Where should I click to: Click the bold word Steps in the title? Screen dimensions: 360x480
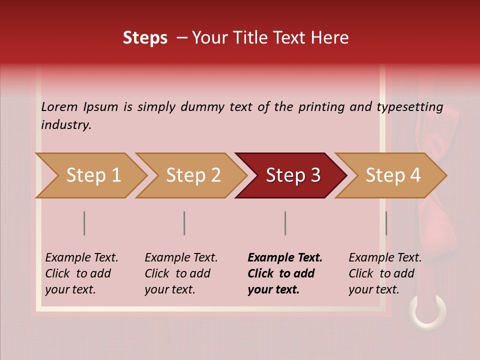tap(145, 38)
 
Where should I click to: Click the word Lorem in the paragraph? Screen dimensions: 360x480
tap(59, 107)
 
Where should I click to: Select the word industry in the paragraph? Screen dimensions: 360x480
tap(66, 125)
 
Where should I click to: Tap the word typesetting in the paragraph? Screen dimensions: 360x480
tap(409, 107)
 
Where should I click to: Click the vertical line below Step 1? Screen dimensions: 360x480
tap(84, 223)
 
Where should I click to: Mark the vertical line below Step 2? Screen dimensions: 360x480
tap(184, 223)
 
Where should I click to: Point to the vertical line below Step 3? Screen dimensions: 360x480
tap(285, 223)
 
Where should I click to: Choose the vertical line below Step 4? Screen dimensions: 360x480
tap(386, 223)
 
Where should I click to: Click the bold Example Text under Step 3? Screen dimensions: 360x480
tap(285, 258)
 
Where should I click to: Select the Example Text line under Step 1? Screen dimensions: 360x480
tap(81, 258)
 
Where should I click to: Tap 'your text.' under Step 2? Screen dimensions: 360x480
tap(169, 289)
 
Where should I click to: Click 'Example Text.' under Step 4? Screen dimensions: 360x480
tap(385, 258)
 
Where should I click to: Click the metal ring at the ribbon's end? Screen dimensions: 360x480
tap(428, 312)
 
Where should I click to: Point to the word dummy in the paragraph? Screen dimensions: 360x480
tap(202, 107)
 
